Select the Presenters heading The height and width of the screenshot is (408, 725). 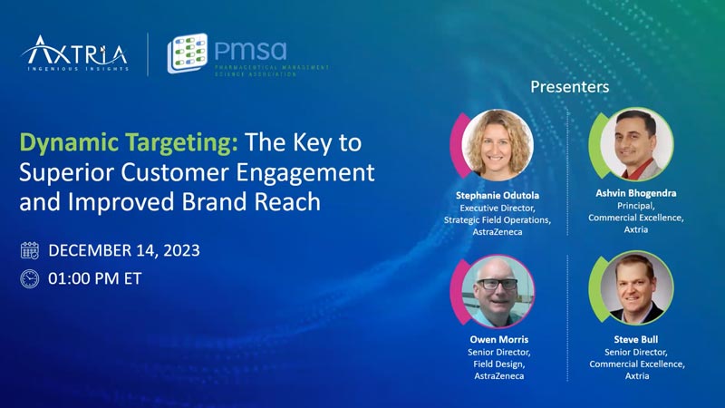(x=569, y=87)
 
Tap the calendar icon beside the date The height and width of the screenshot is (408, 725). (x=30, y=250)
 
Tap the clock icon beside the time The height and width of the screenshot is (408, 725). (x=30, y=279)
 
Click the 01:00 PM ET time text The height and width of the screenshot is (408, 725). (x=95, y=279)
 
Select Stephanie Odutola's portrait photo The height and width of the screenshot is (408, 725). (x=498, y=144)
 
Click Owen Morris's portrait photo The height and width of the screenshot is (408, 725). (x=498, y=290)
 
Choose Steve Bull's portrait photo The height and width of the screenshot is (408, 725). (x=636, y=288)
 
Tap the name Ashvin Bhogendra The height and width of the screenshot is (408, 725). (x=636, y=193)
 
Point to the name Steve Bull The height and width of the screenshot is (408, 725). (x=636, y=340)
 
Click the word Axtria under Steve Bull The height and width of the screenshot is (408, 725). (x=636, y=375)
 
